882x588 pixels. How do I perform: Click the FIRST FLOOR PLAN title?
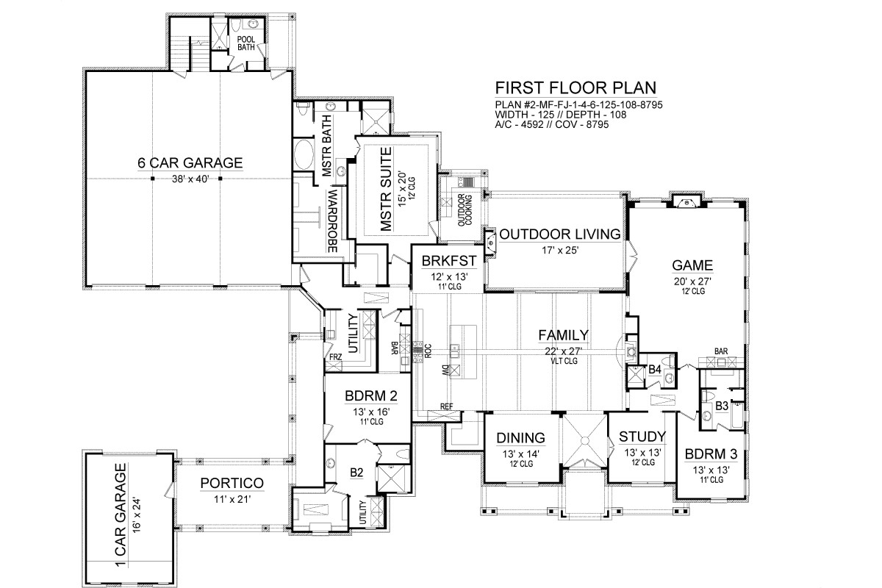pos(576,87)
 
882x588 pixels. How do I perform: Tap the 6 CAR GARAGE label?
pos(190,162)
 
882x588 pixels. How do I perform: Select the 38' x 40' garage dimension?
pos(190,179)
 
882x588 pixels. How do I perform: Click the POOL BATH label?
pos(246,43)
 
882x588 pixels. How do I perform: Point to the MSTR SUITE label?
pos(387,189)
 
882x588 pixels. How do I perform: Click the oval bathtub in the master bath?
pos(304,154)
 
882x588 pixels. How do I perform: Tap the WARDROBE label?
pos(333,221)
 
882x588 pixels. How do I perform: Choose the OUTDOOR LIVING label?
pos(560,234)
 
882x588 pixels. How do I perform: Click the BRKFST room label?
pos(449,261)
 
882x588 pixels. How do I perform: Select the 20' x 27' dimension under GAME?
pos(692,282)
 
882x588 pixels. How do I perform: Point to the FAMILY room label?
pos(564,335)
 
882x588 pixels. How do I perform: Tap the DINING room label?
pos(521,438)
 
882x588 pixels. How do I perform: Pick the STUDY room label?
pos(642,437)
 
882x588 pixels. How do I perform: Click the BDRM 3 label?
pos(711,454)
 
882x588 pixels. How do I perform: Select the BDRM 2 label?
pos(371,396)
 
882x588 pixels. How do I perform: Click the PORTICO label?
pos(232,483)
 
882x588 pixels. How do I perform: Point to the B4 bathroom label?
pos(654,370)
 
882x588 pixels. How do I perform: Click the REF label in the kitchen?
pos(447,406)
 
